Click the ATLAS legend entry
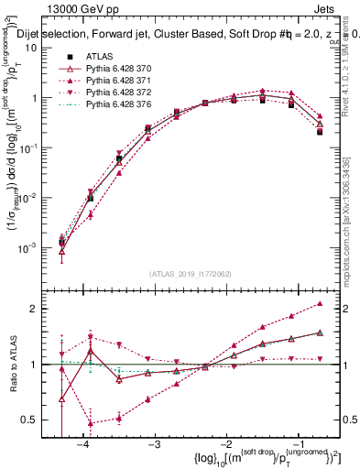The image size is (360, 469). click(x=100, y=56)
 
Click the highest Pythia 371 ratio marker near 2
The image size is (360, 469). click(x=319, y=303)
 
